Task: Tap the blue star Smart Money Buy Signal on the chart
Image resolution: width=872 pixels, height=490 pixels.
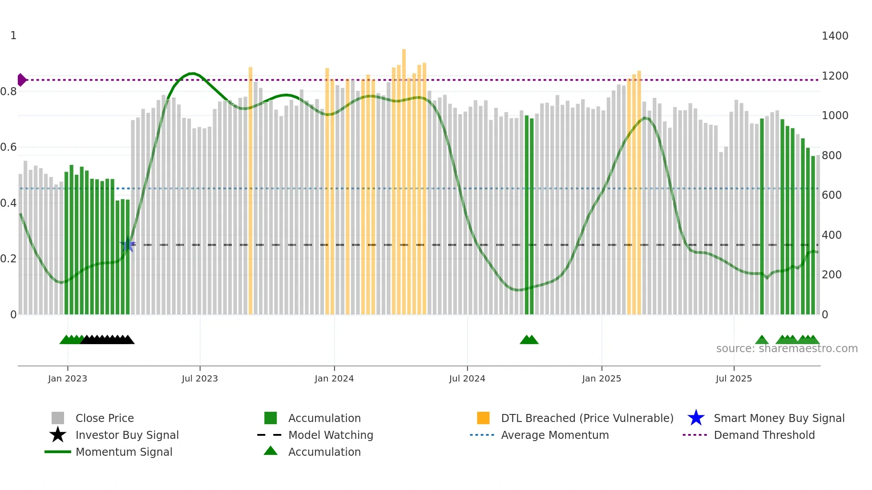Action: (128, 245)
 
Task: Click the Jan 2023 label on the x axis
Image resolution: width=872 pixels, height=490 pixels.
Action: (68, 378)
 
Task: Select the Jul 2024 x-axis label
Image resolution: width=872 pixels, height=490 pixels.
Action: (467, 378)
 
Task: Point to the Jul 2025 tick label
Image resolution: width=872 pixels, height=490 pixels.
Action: (734, 378)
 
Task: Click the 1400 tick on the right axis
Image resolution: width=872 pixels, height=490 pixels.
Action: (835, 36)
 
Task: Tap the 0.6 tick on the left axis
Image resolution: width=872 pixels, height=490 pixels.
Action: (8, 147)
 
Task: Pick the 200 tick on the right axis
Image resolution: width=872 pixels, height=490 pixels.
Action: (831, 275)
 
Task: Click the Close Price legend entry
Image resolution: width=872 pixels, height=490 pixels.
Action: (105, 418)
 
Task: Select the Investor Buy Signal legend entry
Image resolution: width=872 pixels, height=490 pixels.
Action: (127, 435)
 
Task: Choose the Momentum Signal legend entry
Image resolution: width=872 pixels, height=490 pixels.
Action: (124, 452)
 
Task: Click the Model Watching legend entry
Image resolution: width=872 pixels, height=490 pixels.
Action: (331, 435)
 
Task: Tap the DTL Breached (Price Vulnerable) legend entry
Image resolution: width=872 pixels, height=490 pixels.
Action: (587, 418)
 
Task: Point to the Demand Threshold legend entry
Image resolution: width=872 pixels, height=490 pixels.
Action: (764, 435)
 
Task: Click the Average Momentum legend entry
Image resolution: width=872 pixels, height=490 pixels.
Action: (554, 435)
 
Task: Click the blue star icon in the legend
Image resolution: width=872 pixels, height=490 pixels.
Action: (696, 418)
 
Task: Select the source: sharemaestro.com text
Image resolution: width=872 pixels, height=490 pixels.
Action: (787, 349)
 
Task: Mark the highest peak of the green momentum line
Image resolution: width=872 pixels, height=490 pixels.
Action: (191, 73)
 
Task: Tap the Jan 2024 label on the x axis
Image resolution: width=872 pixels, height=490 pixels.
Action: (334, 378)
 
